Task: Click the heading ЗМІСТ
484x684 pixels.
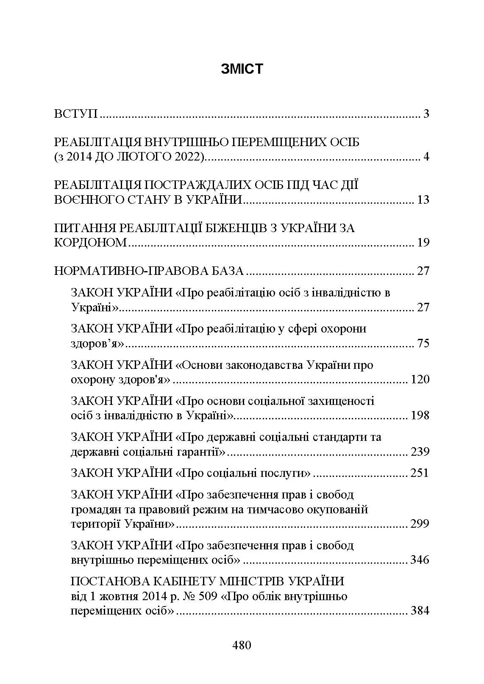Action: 242,69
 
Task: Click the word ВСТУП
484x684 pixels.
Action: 76,114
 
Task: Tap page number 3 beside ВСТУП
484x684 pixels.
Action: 426,114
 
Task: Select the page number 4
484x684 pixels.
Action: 426,157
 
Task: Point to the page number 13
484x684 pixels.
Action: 423,199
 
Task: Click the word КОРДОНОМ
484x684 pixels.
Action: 91,243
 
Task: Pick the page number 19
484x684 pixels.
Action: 423,243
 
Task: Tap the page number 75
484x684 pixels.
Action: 423,343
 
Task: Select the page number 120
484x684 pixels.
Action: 420,379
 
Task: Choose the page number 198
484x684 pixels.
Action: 420,415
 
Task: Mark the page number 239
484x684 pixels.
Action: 420,451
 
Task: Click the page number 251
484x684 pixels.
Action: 420,473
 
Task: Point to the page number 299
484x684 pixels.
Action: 420,524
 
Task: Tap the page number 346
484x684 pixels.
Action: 420,560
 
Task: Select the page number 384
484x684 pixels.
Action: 420,611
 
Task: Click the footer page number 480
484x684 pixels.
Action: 242,645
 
